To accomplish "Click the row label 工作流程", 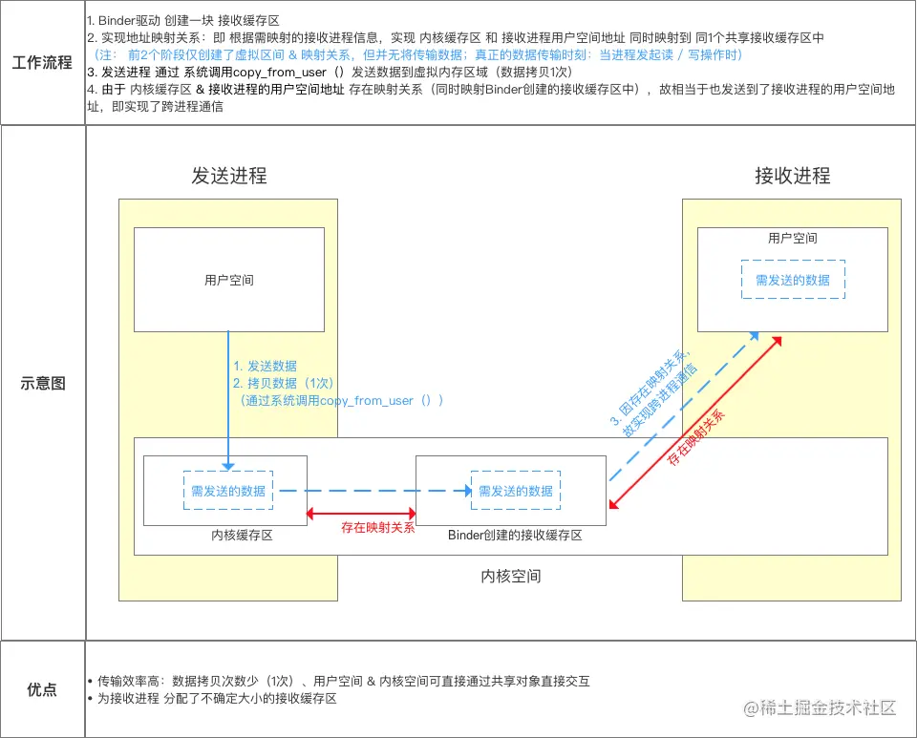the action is point(42,63).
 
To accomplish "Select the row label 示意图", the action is point(42,383).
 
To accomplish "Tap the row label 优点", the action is point(42,689).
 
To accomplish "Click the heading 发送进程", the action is point(229,176).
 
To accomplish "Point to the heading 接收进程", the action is point(793,176).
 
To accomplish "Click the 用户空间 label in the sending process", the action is point(229,281).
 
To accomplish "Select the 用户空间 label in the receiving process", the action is point(793,238).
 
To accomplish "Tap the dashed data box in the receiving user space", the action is point(793,281).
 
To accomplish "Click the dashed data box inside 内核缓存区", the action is point(227,491).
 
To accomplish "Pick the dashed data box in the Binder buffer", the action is point(516,491).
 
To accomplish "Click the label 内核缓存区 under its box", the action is point(243,536).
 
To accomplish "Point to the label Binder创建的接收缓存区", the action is point(516,536).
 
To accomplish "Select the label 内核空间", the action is point(511,577).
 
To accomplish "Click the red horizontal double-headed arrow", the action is point(361,514).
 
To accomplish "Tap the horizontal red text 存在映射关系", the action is point(378,527).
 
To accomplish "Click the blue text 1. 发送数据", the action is point(266,366).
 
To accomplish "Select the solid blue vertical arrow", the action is point(228,401).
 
